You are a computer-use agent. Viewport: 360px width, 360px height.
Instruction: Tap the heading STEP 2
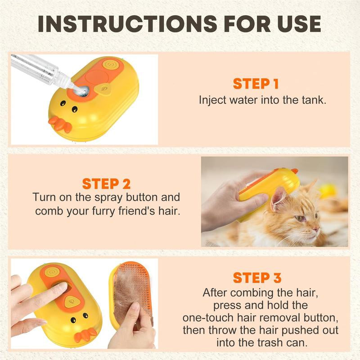coord(106,184)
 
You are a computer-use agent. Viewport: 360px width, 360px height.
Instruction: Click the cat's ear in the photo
coord(280,198)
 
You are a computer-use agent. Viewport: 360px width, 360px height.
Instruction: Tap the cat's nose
coord(317,229)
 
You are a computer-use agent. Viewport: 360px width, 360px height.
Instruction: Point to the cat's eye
coord(299,218)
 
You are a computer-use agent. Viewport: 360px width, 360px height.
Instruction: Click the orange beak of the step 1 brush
coord(60,124)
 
